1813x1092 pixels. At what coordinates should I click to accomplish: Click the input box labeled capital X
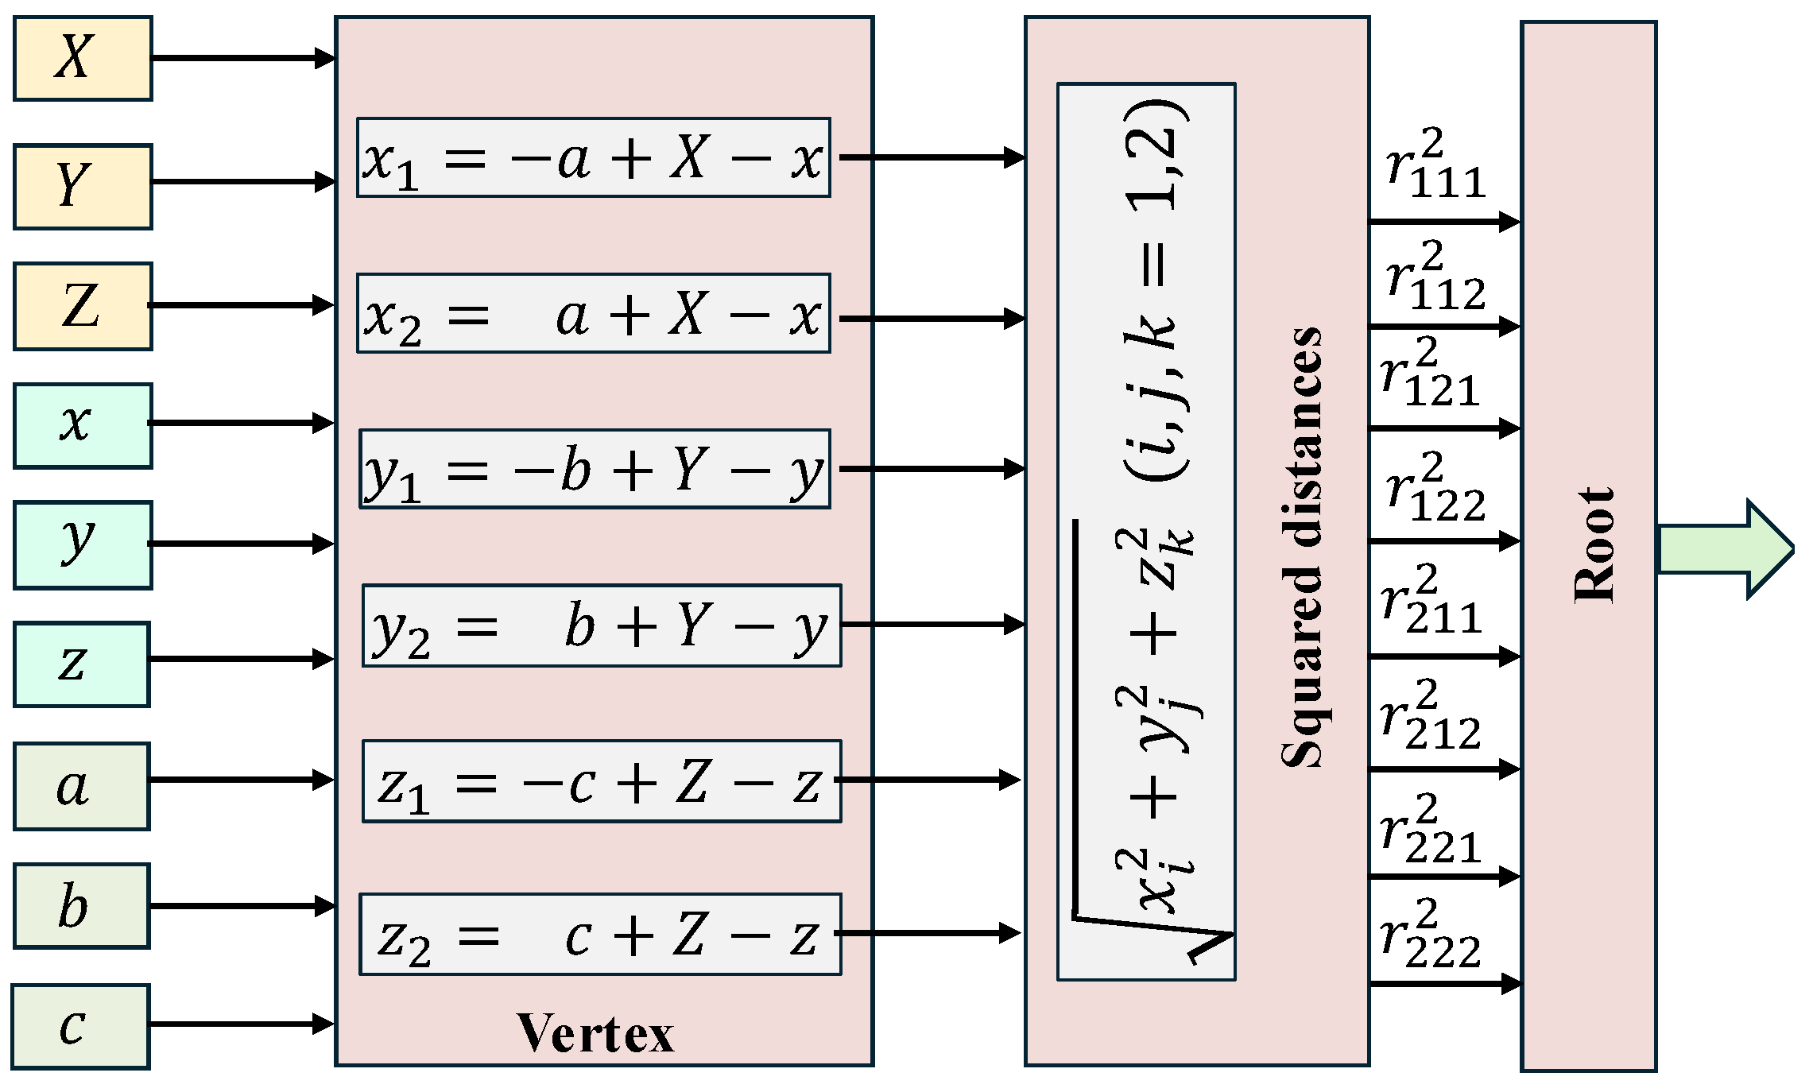tap(83, 59)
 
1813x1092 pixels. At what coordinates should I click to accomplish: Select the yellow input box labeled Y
tap(83, 187)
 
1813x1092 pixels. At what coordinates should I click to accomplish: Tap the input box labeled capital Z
tap(83, 306)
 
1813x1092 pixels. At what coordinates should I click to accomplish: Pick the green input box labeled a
tap(81, 786)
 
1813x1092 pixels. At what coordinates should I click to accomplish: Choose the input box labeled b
tap(81, 906)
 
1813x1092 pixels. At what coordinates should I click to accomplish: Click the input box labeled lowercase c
tap(81, 1026)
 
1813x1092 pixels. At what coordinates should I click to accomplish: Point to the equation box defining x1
tap(593, 157)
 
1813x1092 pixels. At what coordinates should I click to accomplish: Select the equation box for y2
tap(602, 625)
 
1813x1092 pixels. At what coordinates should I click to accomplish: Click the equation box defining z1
tap(602, 781)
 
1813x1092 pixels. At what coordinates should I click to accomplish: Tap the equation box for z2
tap(600, 934)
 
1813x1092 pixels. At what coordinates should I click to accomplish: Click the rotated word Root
tap(1594, 545)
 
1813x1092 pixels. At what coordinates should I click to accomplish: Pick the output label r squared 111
tap(1435, 165)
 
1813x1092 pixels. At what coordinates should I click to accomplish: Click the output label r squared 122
tap(1435, 488)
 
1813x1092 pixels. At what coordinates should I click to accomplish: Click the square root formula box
tap(1145, 531)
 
